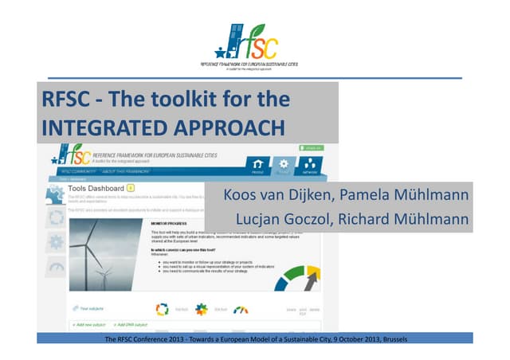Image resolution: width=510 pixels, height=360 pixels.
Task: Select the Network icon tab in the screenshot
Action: (x=311, y=166)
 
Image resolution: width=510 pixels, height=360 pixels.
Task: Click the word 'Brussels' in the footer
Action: (x=395, y=339)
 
